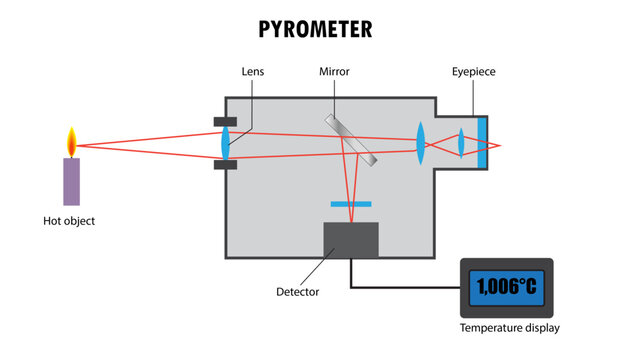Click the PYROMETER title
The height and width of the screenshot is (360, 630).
[x=314, y=29]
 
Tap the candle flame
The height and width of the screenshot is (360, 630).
[x=71, y=142]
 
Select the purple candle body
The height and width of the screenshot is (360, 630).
[x=71, y=181]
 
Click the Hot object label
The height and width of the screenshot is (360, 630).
[x=69, y=221]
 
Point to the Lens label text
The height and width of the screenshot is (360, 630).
[x=253, y=72]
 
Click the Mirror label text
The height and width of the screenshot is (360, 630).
[x=333, y=72]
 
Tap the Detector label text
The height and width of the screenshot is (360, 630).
[x=297, y=292]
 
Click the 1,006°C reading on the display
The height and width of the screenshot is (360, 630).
[x=506, y=287]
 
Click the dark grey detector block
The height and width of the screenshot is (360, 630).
[x=351, y=239]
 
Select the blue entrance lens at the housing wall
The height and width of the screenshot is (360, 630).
[x=225, y=141]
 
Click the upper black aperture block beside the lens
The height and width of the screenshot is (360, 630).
[x=225, y=122]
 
